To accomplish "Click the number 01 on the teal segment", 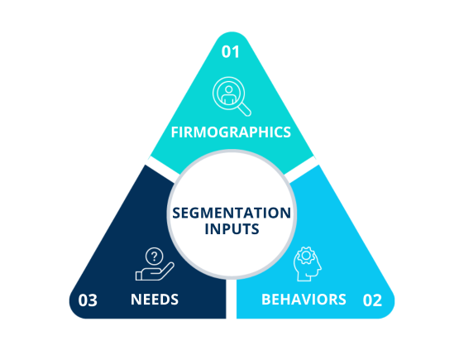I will click(230, 52).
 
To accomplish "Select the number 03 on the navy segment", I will click(88, 300).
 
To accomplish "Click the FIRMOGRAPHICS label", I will click(230, 132).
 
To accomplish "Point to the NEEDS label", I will click(155, 299).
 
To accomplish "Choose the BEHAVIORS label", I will click(304, 299).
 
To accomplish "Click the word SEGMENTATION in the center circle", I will click(231, 212).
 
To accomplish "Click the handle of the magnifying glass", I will click(244, 107).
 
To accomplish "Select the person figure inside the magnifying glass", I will click(227, 91).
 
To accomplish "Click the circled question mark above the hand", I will click(152, 256).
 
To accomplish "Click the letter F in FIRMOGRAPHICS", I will click(175, 132).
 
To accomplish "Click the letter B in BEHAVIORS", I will click(265, 299).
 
